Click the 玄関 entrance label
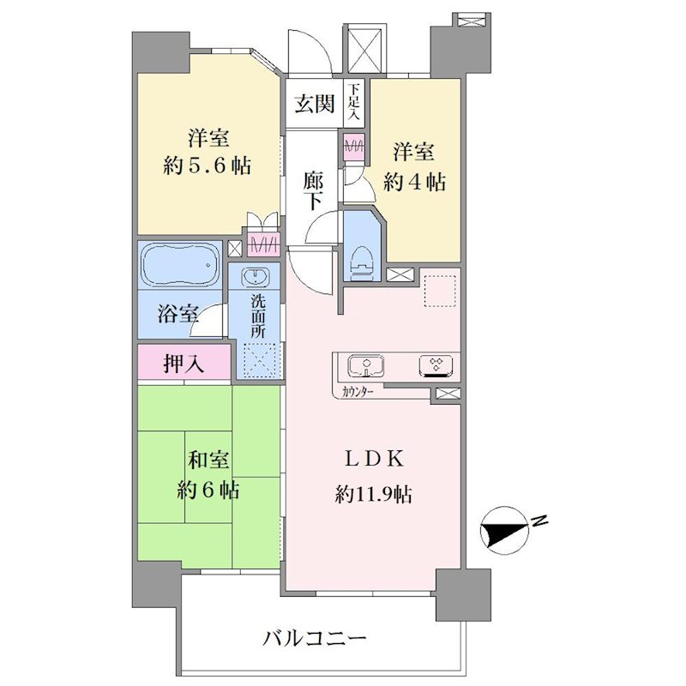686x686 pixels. [314, 104]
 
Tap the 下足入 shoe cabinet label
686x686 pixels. [354, 102]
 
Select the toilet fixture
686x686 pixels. [361, 262]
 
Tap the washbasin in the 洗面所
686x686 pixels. [255, 276]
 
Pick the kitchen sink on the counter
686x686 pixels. [366, 366]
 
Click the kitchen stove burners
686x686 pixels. [436, 366]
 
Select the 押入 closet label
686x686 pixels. [184, 363]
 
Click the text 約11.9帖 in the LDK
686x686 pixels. [373, 495]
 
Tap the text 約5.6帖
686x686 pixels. [208, 165]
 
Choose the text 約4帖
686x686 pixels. [414, 182]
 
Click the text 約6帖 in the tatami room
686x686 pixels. [208, 490]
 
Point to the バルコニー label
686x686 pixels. [314, 639]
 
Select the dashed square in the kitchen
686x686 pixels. [440, 291]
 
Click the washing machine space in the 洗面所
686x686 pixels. [260, 360]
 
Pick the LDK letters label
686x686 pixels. [374, 460]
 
